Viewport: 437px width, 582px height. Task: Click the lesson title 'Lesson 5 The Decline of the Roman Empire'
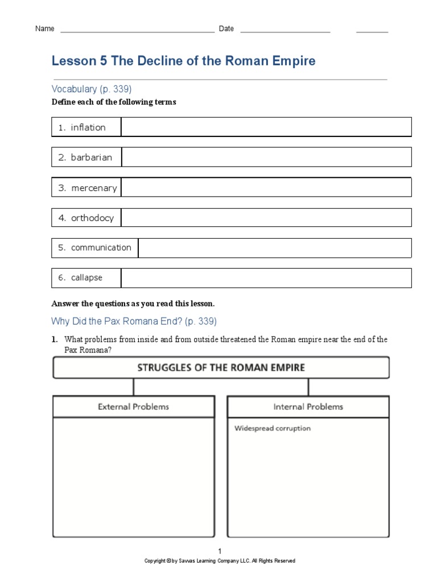click(183, 61)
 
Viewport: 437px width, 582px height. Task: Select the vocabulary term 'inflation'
click(88, 127)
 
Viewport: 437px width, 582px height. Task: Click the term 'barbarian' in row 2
click(91, 157)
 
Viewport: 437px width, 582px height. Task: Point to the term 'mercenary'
click(93, 188)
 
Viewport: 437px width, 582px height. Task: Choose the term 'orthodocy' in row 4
click(92, 218)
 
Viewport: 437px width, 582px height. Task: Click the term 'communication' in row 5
click(101, 248)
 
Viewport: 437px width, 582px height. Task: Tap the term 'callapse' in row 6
click(87, 278)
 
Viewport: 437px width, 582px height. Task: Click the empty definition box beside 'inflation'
click(266, 127)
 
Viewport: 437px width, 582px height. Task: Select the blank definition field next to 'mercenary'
click(266, 188)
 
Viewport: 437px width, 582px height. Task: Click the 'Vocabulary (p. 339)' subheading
click(92, 89)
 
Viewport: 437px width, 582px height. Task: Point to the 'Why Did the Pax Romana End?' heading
click(134, 322)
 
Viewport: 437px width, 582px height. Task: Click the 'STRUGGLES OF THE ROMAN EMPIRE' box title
click(221, 368)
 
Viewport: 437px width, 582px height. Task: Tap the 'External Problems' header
click(133, 407)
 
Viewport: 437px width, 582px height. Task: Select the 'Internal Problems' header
click(308, 407)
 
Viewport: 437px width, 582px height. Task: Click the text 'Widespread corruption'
click(273, 429)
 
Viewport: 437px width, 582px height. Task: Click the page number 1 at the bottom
click(220, 551)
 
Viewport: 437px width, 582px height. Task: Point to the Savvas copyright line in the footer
click(220, 561)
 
